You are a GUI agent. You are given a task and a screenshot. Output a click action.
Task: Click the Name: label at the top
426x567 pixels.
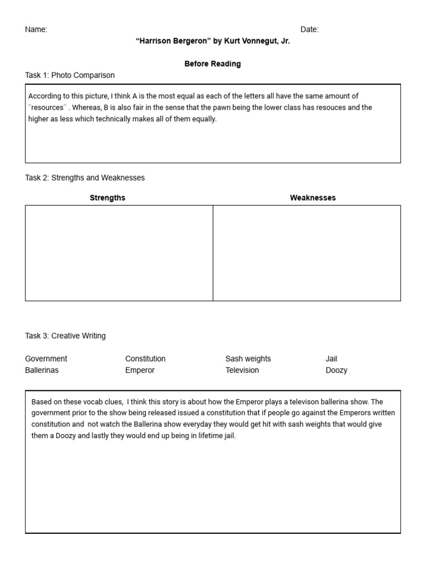(36, 30)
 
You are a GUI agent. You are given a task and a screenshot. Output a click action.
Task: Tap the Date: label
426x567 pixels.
(310, 30)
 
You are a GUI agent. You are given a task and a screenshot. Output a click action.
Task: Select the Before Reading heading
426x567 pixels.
(212, 64)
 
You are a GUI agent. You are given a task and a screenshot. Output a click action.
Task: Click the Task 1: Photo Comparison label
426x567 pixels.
(70, 75)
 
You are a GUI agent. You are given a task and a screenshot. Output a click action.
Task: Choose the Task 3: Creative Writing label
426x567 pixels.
(65, 336)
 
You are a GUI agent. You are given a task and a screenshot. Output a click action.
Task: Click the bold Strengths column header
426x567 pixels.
(108, 198)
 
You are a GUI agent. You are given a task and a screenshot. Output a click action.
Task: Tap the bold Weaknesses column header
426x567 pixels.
(313, 198)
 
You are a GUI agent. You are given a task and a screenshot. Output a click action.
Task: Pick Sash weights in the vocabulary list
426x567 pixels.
(248, 359)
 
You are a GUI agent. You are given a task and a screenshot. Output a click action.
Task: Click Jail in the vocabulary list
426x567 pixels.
(331, 359)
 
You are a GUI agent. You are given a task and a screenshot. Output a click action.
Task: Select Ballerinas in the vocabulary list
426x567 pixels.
(42, 370)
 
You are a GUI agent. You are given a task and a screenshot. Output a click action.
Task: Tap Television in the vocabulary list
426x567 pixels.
(242, 370)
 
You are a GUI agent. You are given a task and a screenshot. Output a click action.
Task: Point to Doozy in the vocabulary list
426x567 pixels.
(336, 370)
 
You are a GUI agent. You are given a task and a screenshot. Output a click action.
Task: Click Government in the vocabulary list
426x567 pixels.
(46, 359)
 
